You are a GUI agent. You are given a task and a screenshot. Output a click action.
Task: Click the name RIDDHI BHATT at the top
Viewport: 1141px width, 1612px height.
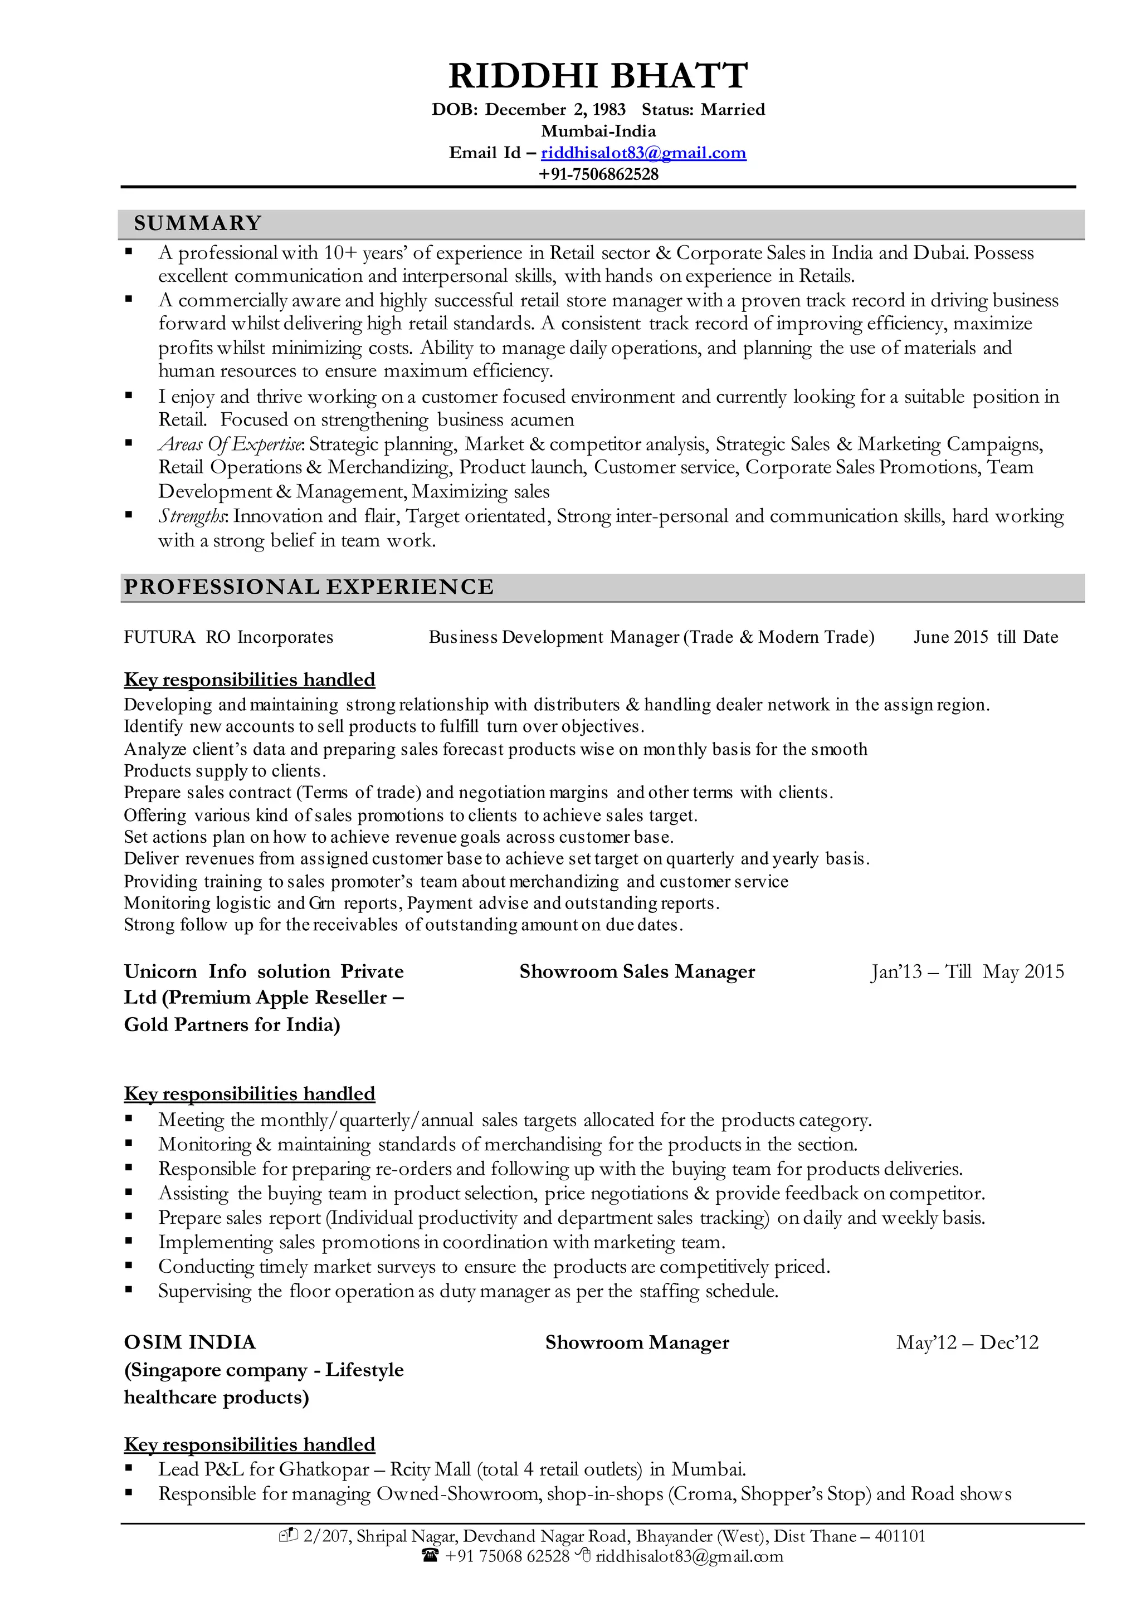point(598,76)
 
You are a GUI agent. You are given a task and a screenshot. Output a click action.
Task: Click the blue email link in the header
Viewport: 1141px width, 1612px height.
point(643,153)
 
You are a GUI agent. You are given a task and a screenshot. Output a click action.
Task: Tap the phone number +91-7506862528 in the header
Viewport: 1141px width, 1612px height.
point(598,174)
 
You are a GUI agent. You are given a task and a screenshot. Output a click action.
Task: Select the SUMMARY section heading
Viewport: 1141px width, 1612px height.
point(197,223)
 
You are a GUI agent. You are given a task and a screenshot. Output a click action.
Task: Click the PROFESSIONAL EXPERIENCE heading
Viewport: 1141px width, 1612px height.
point(309,587)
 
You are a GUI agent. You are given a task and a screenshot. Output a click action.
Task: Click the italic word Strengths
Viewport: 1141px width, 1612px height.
point(192,516)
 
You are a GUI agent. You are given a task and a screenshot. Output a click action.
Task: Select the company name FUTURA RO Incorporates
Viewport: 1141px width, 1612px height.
point(228,637)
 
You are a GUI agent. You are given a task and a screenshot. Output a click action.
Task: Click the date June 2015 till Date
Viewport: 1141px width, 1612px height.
point(985,637)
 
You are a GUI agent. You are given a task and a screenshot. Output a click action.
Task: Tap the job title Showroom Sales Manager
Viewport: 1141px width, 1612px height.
point(637,971)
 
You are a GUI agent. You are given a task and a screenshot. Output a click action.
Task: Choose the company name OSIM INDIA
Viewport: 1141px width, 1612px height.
point(189,1342)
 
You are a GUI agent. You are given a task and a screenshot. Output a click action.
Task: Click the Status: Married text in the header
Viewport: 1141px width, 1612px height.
point(703,110)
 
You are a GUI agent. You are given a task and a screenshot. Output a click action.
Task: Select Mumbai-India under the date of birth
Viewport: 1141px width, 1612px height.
point(598,131)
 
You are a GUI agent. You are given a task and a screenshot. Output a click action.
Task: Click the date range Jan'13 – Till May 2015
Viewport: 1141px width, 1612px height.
point(967,971)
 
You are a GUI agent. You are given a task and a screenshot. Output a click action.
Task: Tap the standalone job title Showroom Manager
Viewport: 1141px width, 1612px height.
point(637,1342)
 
